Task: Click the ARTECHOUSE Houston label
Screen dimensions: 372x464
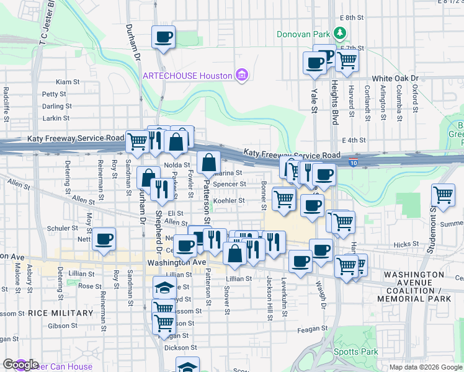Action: click(x=187, y=76)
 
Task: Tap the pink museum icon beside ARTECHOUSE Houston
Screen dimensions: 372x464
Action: click(x=242, y=76)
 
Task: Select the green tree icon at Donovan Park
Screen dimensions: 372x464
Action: click(x=339, y=32)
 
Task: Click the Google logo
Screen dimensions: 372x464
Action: click(x=20, y=365)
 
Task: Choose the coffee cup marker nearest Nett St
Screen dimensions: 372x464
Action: click(x=104, y=239)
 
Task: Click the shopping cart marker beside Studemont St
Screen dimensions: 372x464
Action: click(x=444, y=195)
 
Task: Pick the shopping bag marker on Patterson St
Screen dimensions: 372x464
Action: click(x=209, y=164)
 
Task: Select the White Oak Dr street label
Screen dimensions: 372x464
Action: click(x=395, y=79)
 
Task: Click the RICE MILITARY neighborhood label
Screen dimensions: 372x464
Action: click(x=60, y=313)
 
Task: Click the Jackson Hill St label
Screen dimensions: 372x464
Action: click(x=270, y=298)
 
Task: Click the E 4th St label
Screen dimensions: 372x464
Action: click(x=354, y=141)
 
